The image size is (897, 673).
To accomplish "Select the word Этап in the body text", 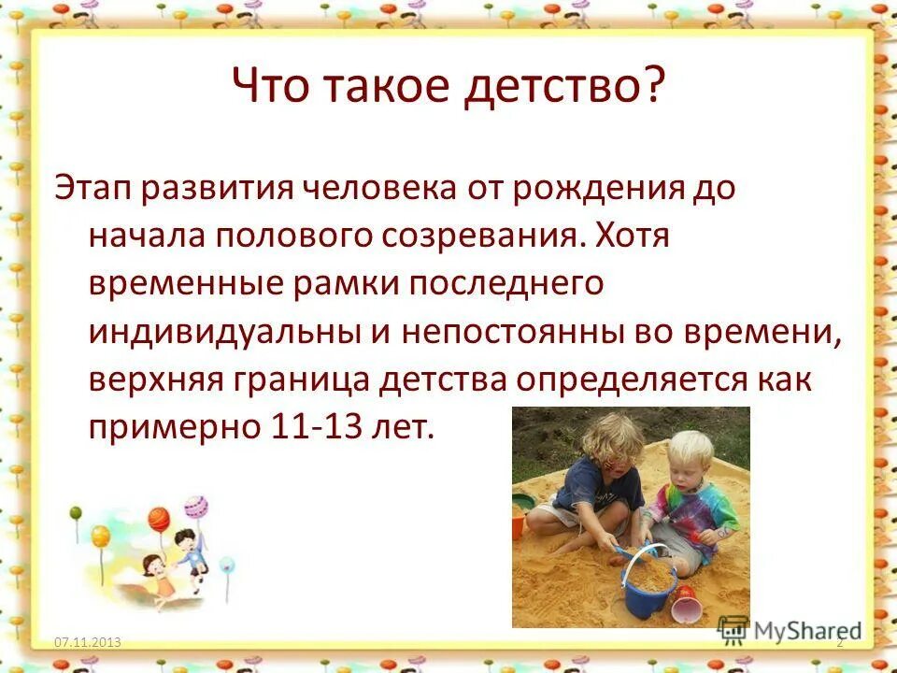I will (x=91, y=187).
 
